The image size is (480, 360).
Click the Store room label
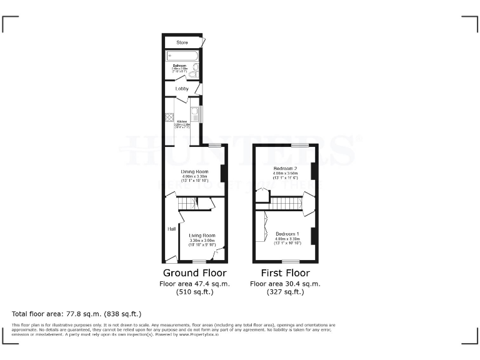coord(182,42)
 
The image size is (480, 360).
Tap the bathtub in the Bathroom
coord(182,56)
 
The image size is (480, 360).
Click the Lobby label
coord(182,89)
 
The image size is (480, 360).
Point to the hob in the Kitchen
coord(169,118)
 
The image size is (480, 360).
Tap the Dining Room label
coord(194,171)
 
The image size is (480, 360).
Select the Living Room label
coord(202,236)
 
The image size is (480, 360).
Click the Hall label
coord(171,229)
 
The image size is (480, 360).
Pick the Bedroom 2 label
coord(285,169)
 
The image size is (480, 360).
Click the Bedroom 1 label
coord(287,234)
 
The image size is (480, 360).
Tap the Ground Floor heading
coord(194,273)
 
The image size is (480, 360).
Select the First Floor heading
coord(285,273)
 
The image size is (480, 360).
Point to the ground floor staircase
coord(187,203)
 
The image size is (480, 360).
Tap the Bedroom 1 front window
coord(287,261)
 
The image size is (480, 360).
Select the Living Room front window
coord(199,261)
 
